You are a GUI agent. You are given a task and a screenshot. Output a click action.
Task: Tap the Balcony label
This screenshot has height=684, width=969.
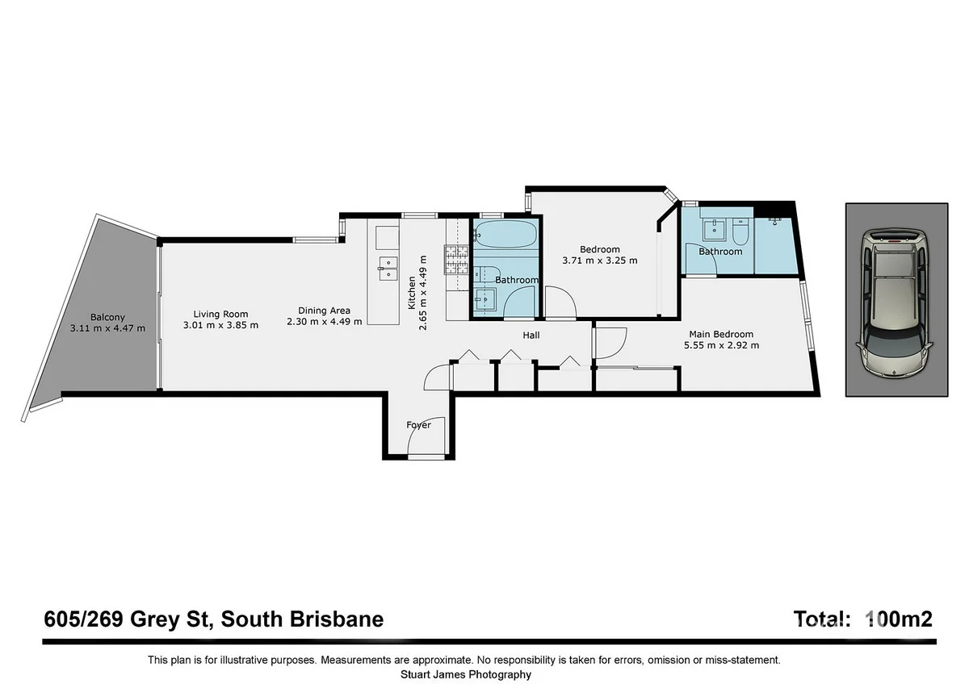[x=107, y=317]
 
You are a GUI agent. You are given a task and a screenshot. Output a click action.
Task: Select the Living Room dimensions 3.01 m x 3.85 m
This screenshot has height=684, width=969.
[x=220, y=325]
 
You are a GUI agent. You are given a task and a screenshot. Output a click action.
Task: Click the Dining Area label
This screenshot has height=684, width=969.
[x=324, y=310]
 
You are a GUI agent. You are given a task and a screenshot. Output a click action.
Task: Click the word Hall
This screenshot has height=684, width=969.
[x=531, y=335]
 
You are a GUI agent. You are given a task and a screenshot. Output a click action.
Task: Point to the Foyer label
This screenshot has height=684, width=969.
[x=418, y=425]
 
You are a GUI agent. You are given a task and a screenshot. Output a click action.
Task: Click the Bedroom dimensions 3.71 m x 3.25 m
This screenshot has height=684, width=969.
[x=600, y=261]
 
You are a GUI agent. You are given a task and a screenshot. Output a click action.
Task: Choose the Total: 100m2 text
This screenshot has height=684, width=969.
[x=863, y=619]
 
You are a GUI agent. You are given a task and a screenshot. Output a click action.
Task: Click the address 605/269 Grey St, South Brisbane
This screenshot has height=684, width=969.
[x=213, y=619]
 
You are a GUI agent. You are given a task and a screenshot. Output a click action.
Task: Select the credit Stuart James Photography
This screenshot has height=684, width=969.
[x=466, y=674]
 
